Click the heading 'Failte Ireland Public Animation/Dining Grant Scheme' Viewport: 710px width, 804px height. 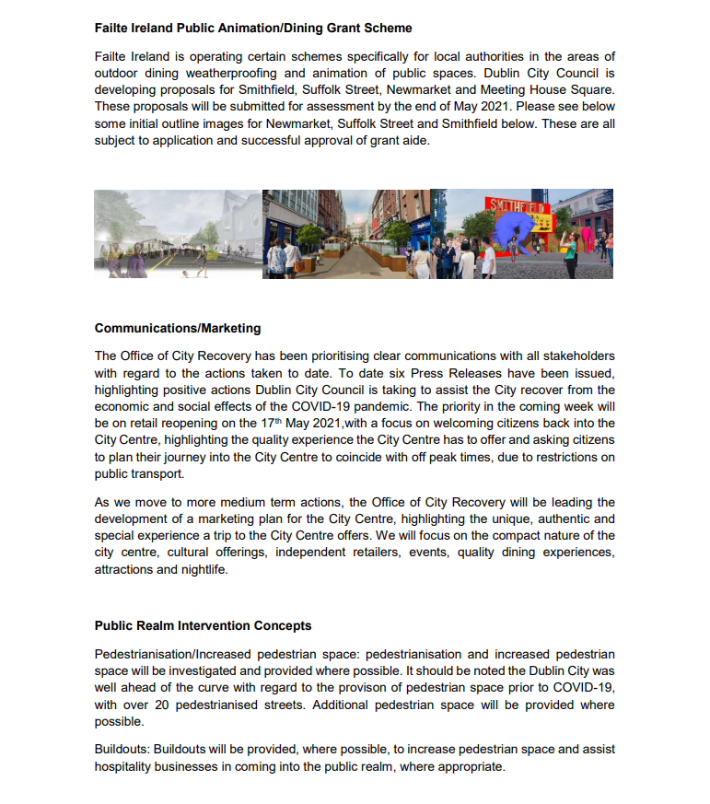click(x=253, y=29)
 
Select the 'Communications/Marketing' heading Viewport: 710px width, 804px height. click(x=178, y=328)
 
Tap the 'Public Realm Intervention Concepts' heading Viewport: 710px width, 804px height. click(x=203, y=625)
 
